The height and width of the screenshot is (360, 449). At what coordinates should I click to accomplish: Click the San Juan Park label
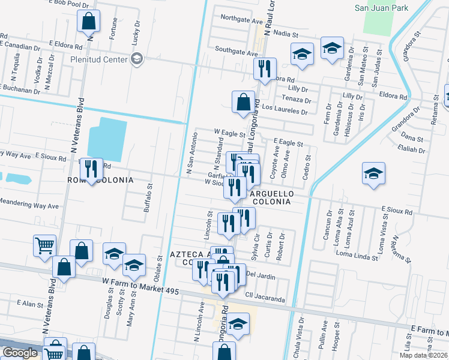click(x=381, y=8)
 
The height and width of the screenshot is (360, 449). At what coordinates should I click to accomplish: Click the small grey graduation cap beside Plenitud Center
click(x=137, y=59)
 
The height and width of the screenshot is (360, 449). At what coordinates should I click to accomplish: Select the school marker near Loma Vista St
click(x=373, y=175)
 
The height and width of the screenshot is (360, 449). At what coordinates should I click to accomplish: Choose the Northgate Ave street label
click(x=242, y=20)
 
